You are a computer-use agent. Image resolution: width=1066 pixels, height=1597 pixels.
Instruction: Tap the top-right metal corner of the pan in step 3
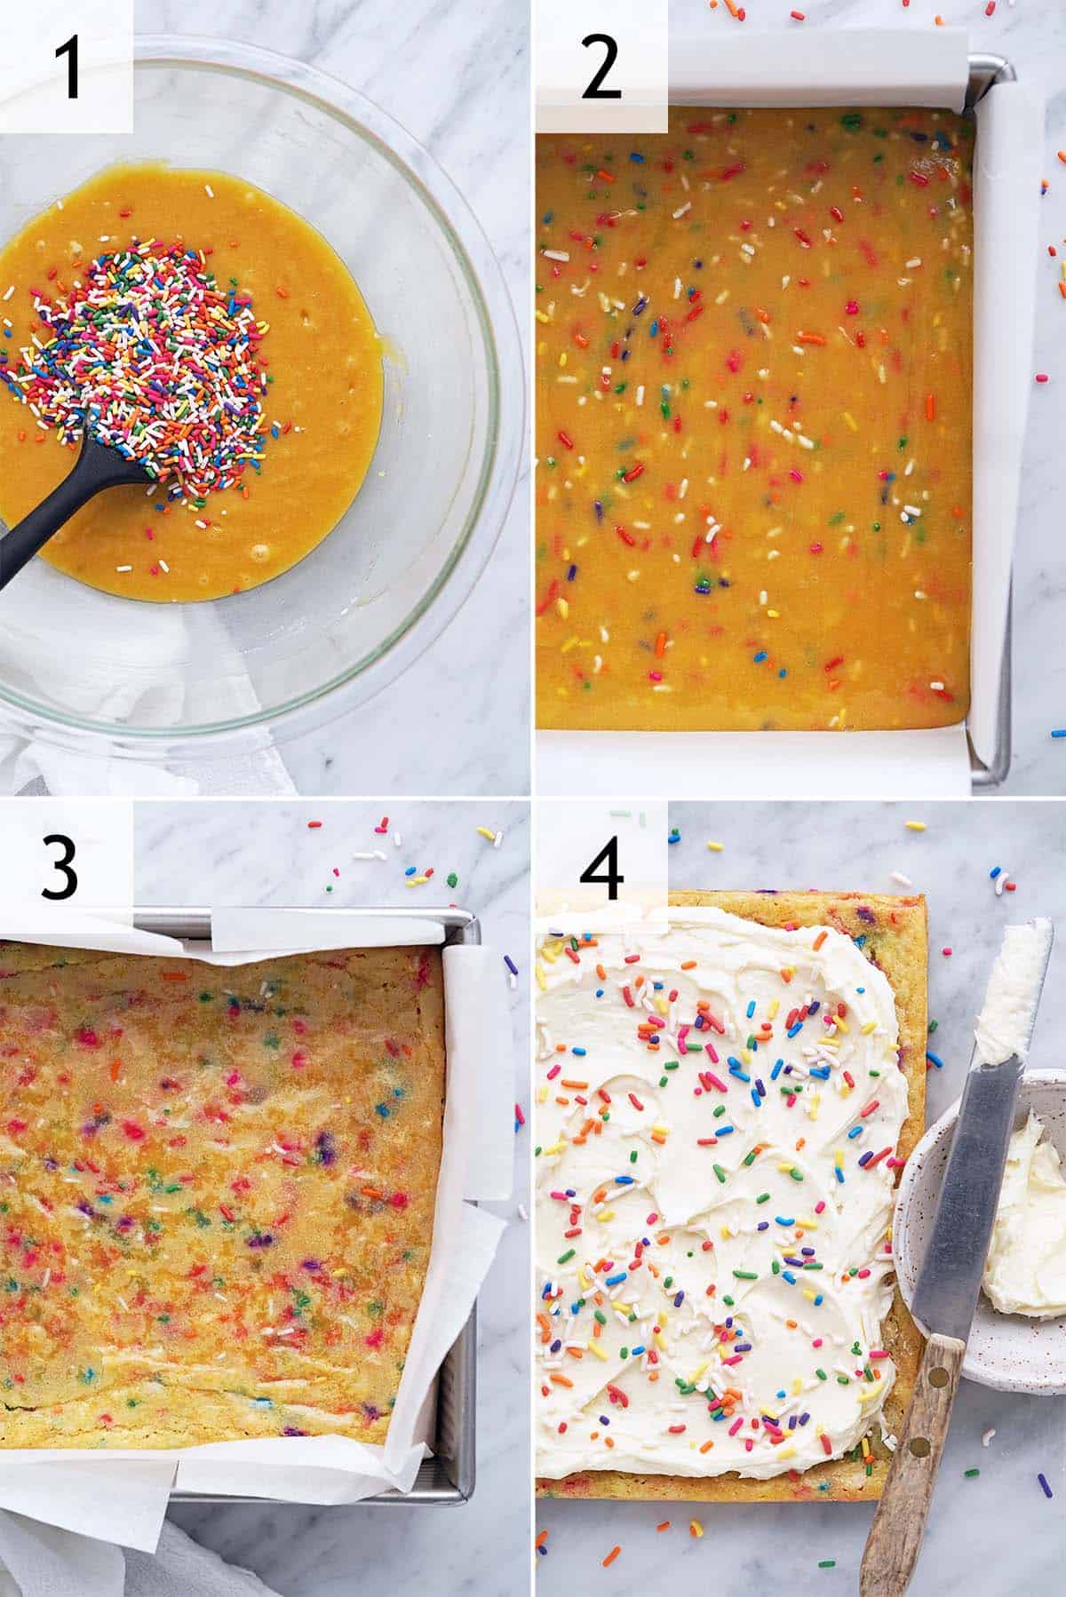click(x=473, y=920)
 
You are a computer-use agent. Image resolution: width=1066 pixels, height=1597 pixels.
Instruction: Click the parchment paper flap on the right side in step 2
click(x=1013, y=426)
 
